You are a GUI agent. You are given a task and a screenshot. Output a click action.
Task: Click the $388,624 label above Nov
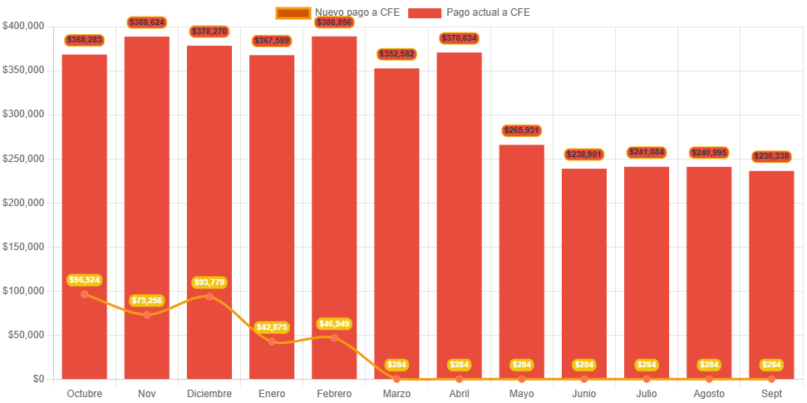pos(147,22)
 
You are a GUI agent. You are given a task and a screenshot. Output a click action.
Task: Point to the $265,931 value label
pos(521,130)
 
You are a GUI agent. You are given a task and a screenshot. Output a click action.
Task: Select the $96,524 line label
pos(84,280)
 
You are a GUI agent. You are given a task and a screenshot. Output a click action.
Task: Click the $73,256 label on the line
pos(147,300)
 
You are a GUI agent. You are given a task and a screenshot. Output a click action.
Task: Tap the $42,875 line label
pos(272,327)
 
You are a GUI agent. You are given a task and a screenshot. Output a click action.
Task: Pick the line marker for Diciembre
pos(209,297)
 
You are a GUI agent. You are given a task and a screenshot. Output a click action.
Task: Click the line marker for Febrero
pos(334,337)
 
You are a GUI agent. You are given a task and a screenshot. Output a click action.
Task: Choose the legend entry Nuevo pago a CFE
pos(337,12)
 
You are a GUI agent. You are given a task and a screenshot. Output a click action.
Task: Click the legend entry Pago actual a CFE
pos(470,12)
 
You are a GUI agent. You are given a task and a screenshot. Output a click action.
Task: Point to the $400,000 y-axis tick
pos(23,26)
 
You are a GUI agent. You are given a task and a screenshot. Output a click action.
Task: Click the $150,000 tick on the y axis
pos(23,247)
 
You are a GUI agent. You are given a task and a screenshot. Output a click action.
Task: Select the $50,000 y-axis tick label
pos(26,335)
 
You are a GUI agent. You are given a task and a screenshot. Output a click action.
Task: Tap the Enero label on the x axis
pos(272,393)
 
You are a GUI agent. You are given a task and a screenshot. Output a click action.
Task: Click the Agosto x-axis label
pos(709,393)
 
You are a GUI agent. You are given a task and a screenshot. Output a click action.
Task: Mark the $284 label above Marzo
pos(396,365)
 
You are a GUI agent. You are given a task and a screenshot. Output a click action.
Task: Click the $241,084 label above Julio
pos(647,152)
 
